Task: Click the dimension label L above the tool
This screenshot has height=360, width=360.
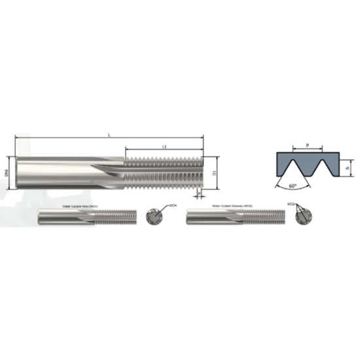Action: click(109, 134)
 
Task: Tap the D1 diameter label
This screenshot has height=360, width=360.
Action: click(213, 172)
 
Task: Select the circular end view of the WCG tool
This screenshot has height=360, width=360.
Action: click(303, 217)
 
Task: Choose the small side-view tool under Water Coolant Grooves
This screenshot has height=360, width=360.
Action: click(236, 217)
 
